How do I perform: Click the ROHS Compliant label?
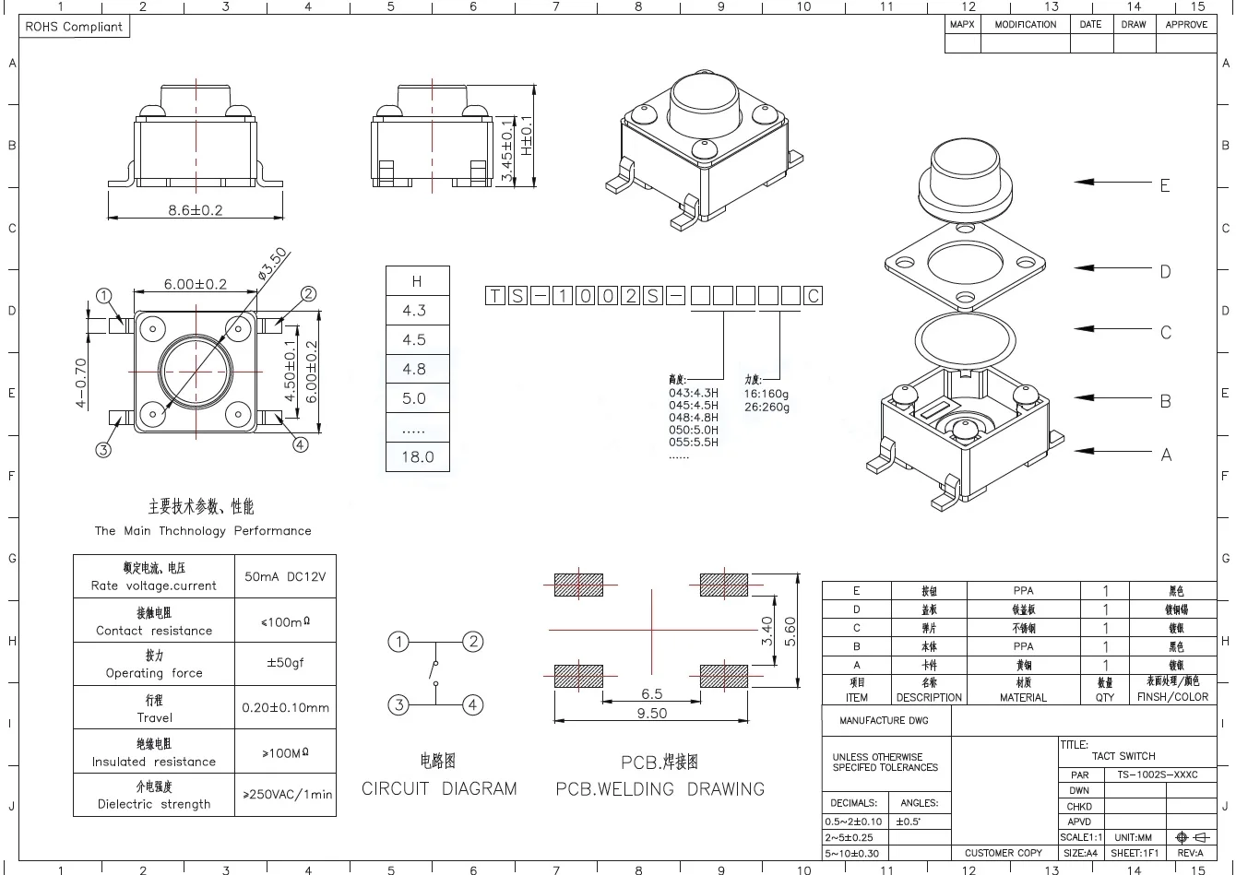(74, 27)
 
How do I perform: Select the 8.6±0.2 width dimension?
(195, 210)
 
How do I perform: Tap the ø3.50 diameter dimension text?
(274, 263)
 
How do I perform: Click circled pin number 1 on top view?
(104, 296)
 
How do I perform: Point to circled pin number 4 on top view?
(301, 444)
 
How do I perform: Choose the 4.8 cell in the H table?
(415, 369)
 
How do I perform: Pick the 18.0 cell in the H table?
(417, 456)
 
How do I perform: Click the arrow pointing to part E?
(1111, 183)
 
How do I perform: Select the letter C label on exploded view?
(1165, 332)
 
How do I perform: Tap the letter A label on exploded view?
(1166, 455)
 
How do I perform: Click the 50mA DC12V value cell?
(285, 577)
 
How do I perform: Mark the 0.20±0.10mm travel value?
(285, 708)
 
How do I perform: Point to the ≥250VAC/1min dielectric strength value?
(287, 794)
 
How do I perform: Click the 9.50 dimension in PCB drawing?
(652, 713)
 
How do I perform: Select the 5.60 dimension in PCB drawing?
(790, 631)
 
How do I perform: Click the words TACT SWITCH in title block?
(1123, 756)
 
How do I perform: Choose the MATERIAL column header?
(1023, 697)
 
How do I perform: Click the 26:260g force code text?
(767, 407)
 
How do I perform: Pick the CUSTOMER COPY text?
(1004, 853)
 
